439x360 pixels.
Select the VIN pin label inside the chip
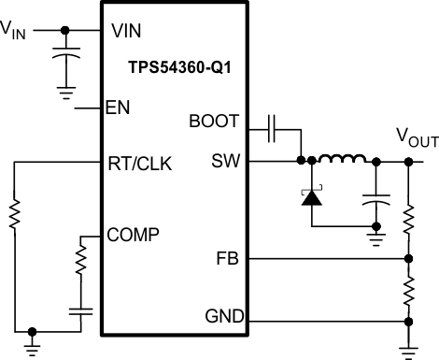127,30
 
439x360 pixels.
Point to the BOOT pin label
214,122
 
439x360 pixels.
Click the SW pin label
225,161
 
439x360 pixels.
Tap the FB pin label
227,259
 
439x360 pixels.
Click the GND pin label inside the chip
220,318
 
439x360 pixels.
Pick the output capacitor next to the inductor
376,200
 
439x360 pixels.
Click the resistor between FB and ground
408,289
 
